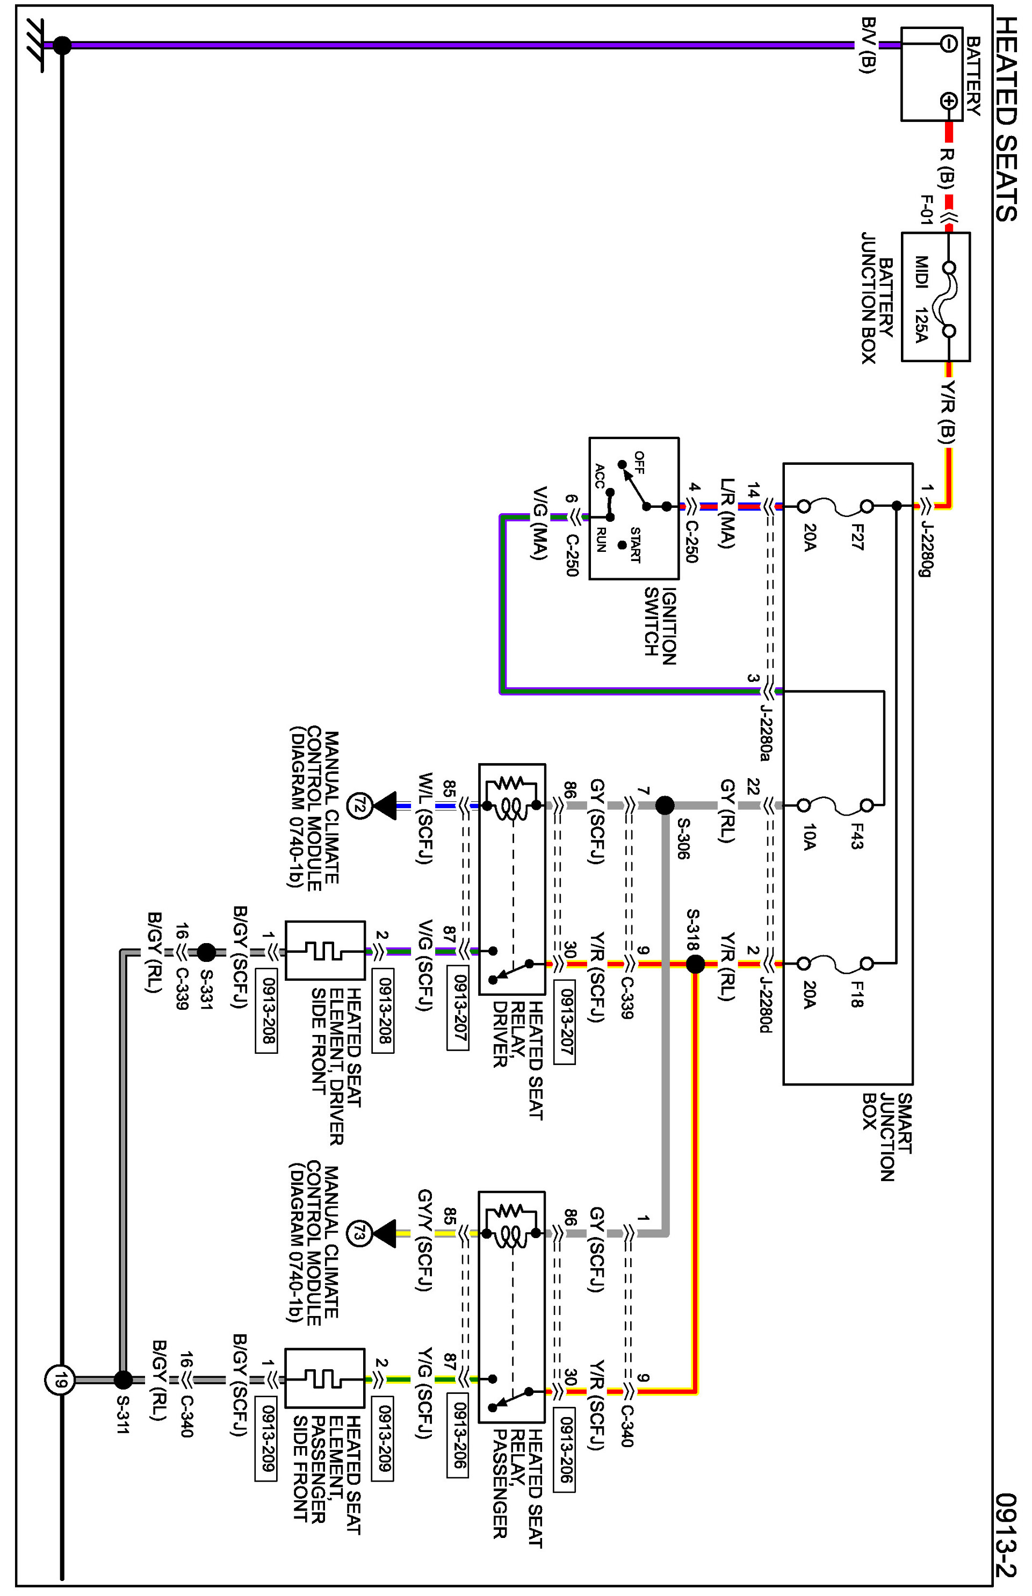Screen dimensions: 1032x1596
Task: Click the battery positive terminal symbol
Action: pyautogui.click(x=948, y=101)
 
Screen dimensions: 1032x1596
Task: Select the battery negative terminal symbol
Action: pyautogui.click(x=948, y=44)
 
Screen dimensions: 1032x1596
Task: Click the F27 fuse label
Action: pyautogui.click(x=856, y=537)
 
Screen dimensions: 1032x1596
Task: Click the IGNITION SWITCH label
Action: pyautogui.click(x=660, y=626)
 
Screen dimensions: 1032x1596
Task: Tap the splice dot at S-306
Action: pyautogui.click(x=664, y=805)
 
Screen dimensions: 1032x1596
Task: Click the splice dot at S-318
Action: pyautogui.click(x=696, y=964)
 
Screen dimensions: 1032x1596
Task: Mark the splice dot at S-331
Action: pyautogui.click(x=206, y=952)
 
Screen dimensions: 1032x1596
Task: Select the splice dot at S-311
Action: pyautogui.click(x=122, y=1379)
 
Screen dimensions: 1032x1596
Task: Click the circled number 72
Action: pyautogui.click(x=359, y=805)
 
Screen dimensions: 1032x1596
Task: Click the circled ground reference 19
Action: pyautogui.click(x=60, y=1380)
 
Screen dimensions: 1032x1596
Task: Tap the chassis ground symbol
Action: pyautogui.click(x=33, y=45)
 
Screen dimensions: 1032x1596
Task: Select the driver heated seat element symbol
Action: pyautogui.click(x=325, y=951)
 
